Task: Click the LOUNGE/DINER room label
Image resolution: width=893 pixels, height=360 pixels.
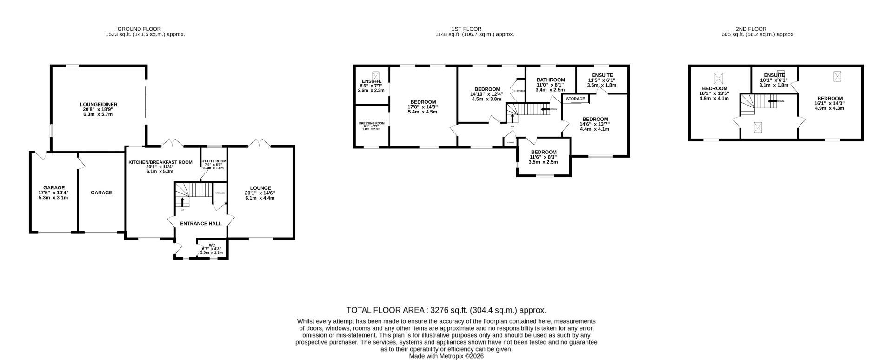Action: click(98, 105)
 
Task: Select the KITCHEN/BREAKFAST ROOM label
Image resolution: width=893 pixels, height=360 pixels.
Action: click(160, 162)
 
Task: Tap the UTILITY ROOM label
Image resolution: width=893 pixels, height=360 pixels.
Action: click(214, 162)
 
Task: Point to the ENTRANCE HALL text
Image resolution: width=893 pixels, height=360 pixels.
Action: click(201, 224)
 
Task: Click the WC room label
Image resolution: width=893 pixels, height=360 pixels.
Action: click(212, 245)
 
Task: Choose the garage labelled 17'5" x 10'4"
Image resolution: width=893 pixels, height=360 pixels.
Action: click(53, 188)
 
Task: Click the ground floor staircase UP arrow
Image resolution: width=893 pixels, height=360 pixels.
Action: click(182, 202)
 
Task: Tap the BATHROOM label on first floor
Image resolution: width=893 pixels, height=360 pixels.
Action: click(550, 80)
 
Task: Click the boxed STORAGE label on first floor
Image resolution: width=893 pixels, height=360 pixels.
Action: click(575, 99)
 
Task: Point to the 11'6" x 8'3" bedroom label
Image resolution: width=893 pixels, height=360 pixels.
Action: click(544, 152)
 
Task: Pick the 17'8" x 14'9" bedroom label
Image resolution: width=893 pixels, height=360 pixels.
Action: click(423, 102)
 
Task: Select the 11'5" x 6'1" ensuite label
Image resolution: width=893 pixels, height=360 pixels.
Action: click(602, 75)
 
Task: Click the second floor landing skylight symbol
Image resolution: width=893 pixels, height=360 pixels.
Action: click(758, 127)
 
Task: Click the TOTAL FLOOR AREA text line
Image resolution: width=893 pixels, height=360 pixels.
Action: click(446, 310)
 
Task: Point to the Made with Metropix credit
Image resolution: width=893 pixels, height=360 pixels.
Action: click(446, 356)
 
